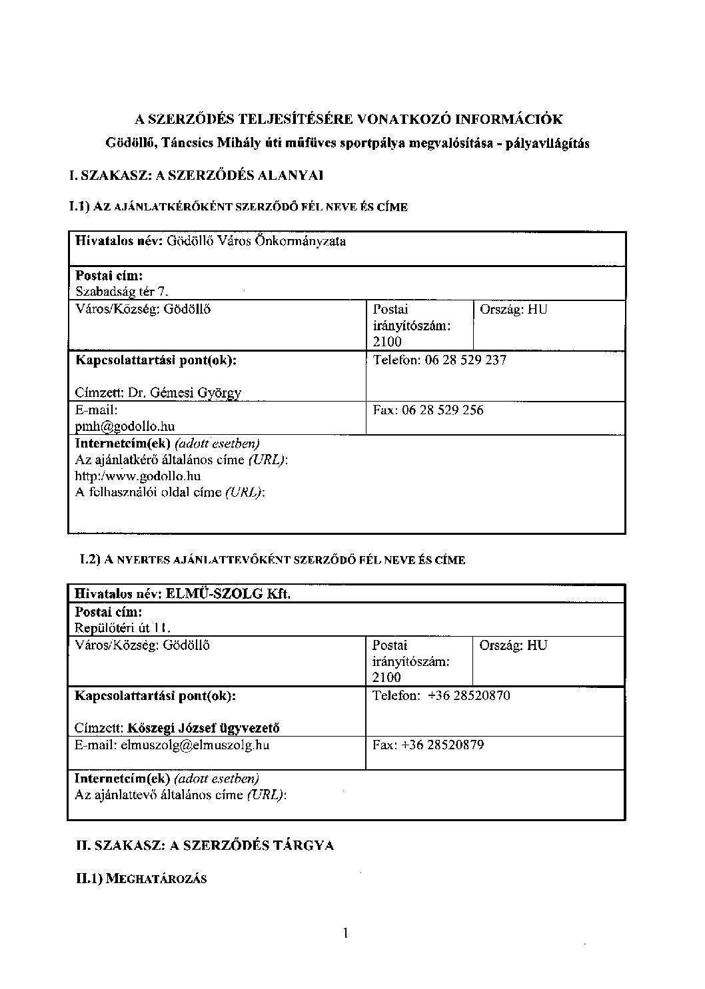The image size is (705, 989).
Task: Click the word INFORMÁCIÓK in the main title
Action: point(508,120)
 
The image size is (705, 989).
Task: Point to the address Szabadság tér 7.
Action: point(122,291)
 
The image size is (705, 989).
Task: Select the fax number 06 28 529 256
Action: point(442,410)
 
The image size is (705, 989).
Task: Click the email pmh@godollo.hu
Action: point(125,426)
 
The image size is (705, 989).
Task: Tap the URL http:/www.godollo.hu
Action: point(138,476)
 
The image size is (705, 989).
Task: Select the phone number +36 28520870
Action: point(469,696)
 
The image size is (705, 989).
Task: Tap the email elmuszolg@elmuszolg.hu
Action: point(195,745)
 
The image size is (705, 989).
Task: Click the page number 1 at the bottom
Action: point(346,933)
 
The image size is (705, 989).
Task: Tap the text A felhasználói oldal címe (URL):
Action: point(170,493)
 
